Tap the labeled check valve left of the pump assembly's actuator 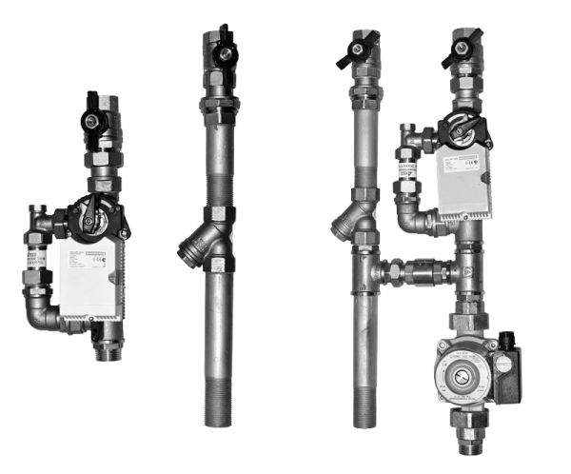pyautogui.click(x=403, y=170)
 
